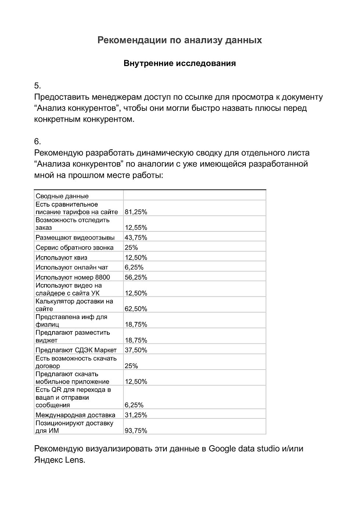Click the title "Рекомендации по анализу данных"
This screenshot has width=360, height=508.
click(x=180, y=40)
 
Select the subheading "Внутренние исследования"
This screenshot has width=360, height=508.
click(x=180, y=63)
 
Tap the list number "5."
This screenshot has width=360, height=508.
click(x=37, y=86)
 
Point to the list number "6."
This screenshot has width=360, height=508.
click(x=37, y=142)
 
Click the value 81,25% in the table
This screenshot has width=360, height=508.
click(x=136, y=212)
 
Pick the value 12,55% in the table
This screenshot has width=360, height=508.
click(x=136, y=228)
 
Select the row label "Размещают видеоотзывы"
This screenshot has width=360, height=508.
click(x=75, y=237)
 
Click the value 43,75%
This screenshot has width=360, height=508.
click(x=136, y=237)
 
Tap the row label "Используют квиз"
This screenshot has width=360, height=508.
click(x=61, y=257)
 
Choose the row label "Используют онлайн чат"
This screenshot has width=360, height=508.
click(x=72, y=267)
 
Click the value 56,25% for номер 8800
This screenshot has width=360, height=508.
click(x=136, y=277)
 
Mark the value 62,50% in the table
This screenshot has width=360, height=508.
click(x=136, y=309)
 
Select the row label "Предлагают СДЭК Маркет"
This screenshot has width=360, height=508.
click(x=76, y=350)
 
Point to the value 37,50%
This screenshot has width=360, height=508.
click(x=136, y=350)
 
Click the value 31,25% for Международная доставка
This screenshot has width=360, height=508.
click(x=136, y=415)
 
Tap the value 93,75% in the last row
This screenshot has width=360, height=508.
click(x=136, y=431)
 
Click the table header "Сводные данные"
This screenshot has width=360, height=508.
click(x=62, y=196)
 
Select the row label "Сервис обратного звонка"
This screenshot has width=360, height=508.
click(x=75, y=247)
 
